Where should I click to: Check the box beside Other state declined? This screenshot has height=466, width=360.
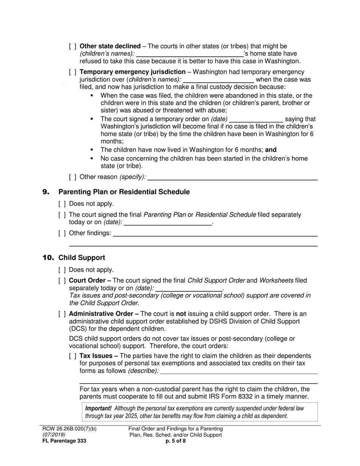[73, 46]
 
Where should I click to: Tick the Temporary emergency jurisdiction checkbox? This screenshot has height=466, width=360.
[73, 72]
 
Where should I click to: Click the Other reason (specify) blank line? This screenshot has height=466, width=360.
[234, 177]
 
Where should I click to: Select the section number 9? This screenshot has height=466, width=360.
[46, 192]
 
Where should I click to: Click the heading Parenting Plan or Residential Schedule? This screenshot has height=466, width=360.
[124, 192]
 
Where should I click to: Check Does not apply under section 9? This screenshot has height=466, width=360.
[62, 204]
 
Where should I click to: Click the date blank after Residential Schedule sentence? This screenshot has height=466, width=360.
[167, 222]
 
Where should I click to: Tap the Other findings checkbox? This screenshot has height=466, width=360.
[62, 233]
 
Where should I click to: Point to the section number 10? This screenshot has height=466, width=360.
[48, 258]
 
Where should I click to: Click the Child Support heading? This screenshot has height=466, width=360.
[81, 258]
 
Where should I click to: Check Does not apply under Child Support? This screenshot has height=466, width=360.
[62, 270]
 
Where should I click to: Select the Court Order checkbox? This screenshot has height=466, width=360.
[62, 281]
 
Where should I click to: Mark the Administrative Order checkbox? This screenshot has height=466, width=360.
[62, 314]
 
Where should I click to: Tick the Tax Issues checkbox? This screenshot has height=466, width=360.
[73, 356]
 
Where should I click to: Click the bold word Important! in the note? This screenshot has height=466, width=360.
[98, 408]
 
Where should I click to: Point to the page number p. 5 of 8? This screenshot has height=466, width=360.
[175, 441]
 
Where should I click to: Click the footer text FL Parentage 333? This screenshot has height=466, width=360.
[64, 441]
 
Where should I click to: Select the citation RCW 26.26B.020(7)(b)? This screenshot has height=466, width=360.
[70, 429]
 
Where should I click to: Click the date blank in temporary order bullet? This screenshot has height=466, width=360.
[256, 119]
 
